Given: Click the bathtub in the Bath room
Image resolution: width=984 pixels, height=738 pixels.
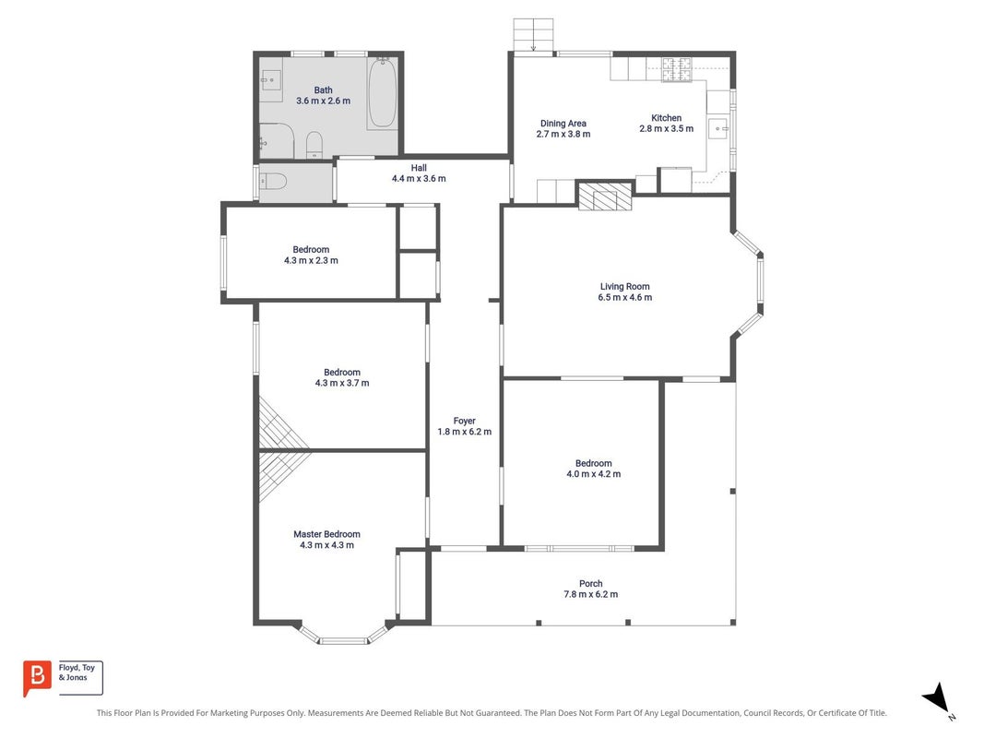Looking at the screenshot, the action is (x=382, y=93).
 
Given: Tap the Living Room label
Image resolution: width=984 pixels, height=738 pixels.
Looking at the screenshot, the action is (x=624, y=287).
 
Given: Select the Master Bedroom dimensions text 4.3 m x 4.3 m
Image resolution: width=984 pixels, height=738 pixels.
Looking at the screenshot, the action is (x=326, y=545).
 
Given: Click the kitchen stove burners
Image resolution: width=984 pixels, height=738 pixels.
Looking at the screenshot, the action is (x=676, y=70).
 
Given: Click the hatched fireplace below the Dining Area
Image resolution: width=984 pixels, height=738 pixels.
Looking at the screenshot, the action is (x=604, y=196).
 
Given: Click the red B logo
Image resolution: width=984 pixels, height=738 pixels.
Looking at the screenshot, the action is (x=37, y=678).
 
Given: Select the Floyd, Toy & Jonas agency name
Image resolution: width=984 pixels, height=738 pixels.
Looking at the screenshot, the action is (x=77, y=673).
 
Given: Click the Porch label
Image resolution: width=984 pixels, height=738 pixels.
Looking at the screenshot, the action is (x=590, y=584).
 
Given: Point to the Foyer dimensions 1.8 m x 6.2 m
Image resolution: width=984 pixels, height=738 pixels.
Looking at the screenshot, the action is (x=465, y=432).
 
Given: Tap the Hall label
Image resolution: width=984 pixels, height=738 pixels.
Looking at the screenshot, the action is (x=419, y=168).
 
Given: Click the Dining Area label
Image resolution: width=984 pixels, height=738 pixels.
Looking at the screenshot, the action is (x=563, y=124).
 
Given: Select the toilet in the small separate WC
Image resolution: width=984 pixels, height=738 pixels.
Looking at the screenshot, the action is (x=273, y=182).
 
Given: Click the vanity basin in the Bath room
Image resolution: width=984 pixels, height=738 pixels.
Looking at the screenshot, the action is (x=270, y=80).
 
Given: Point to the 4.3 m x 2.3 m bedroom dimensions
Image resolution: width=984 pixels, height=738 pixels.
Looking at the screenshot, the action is (x=311, y=260).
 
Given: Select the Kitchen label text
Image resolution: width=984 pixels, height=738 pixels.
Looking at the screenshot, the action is (x=666, y=118).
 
